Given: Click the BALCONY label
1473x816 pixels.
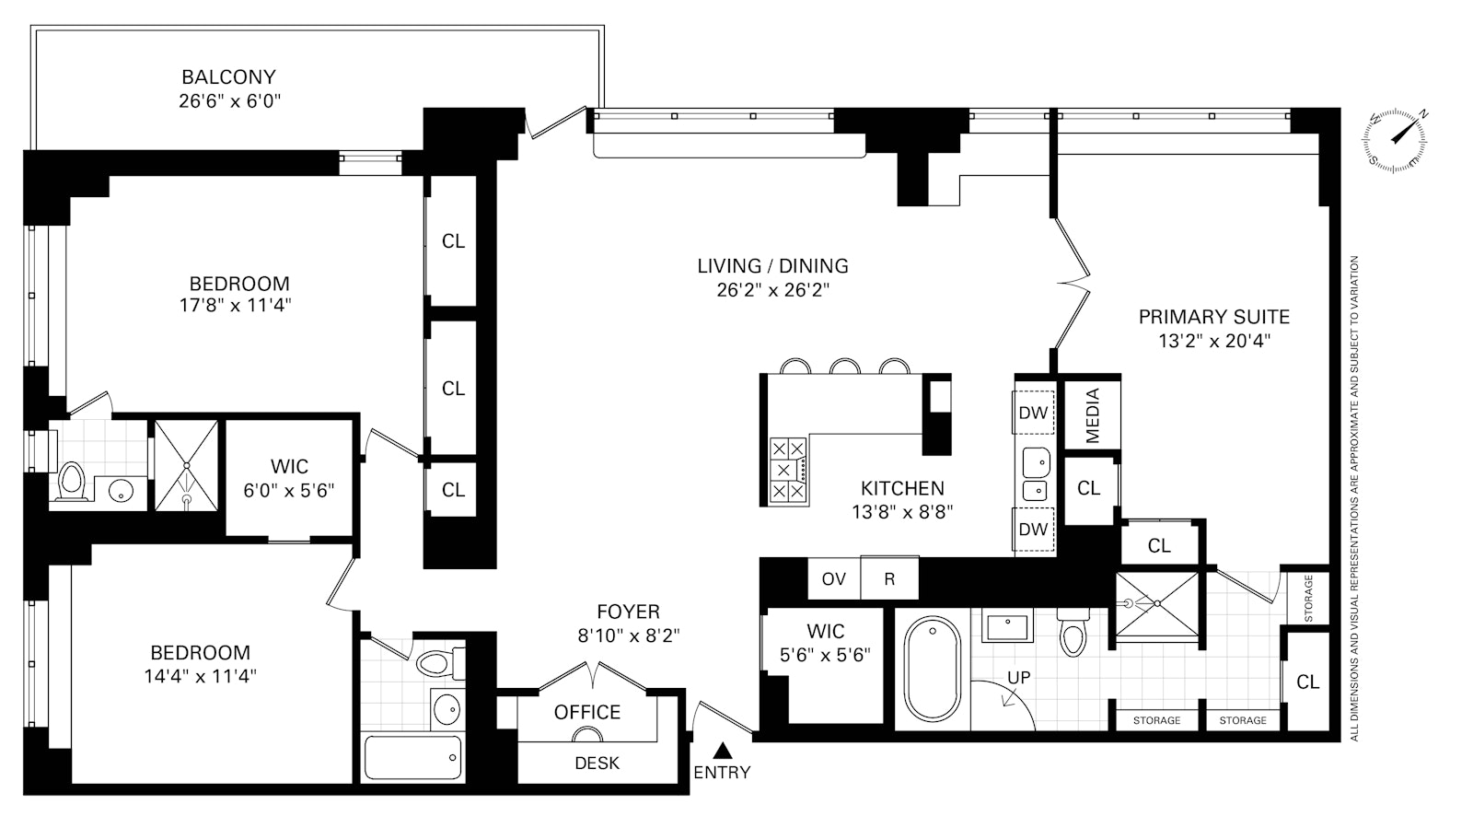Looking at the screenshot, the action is click(x=228, y=77).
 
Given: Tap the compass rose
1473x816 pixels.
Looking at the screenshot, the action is click(x=1395, y=139).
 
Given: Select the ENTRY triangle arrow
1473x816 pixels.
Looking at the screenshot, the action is click(x=723, y=751).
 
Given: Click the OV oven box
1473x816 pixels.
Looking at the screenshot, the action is click(x=834, y=578).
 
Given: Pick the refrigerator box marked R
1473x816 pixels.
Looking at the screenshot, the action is click(x=889, y=578).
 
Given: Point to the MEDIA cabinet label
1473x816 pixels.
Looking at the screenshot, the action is click(x=1092, y=415).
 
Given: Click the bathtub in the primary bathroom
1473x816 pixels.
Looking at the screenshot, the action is click(x=933, y=669).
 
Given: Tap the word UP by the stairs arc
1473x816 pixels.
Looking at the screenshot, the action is click(x=1018, y=677).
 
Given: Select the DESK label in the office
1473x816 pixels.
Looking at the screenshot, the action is click(x=597, y=763).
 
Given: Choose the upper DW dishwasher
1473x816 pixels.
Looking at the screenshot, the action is click(x=1033, y=413).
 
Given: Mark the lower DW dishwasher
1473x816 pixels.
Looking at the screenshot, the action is click(x=1033, y=529).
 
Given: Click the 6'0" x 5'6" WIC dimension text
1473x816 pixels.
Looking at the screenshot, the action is click(x=289, y=490).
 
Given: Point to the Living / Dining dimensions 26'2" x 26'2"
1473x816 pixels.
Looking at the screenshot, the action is click(x=773, y=289).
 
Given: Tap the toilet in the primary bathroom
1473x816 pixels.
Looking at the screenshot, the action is click(x=1073, y=633).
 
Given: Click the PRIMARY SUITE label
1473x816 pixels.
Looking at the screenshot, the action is click(x=1214, y=317).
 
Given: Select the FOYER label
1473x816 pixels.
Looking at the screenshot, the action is click(x=628, y=612).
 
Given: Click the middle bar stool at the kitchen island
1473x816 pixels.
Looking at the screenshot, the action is click(x=845, y=366).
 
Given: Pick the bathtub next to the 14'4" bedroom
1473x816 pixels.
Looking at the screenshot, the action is click(x=412, y=757).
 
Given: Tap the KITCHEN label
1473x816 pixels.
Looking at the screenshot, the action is click(x=902, y=488).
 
